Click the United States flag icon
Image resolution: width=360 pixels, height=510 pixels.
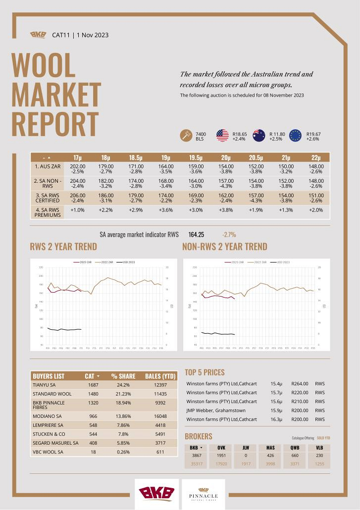(x=222, y=136)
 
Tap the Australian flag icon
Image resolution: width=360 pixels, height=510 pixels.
(x=259, y=136)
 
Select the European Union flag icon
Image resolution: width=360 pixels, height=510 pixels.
(x=296, y=136)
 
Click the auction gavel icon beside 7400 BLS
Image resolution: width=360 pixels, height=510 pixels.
(x=186, y=136)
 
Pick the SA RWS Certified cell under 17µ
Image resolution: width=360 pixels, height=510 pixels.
(x=78, y=198)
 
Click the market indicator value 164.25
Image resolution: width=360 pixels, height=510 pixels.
(x=197, y=235)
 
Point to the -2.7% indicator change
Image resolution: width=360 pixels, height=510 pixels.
(x=229, y=235)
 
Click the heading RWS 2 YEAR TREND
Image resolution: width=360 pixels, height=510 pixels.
(x=63, y=247)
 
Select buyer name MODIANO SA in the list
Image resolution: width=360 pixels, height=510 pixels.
(x=48, y=416)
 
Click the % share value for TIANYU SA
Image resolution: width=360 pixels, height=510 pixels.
(x=120, y=385)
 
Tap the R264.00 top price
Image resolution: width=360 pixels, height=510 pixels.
(x=300, y=383)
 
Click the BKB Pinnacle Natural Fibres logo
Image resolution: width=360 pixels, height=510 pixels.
(x=203, y=494)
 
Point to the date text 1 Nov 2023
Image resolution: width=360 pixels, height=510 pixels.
(x=93, y=35)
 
